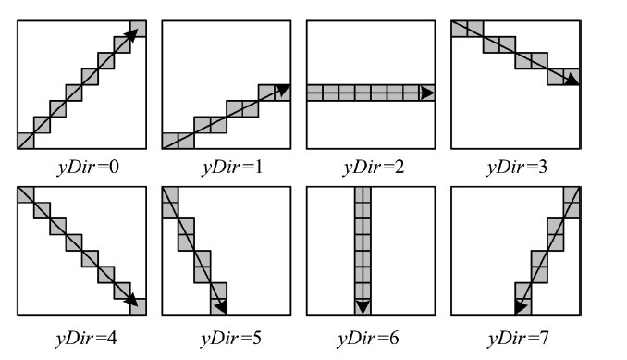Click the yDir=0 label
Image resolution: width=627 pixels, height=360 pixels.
pos(80,169)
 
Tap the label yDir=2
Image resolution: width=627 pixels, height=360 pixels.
pos(370,169)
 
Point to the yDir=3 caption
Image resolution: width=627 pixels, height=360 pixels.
pos(515,169)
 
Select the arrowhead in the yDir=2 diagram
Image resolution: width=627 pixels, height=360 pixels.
pos(425,93)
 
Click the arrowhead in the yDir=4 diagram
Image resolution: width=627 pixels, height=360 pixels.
pos(135,299)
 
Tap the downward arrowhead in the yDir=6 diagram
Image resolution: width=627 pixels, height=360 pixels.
pos(363,306)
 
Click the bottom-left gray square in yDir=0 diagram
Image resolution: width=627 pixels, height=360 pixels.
pos(25,141)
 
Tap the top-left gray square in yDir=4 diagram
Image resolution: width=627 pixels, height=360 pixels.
pos(25,195)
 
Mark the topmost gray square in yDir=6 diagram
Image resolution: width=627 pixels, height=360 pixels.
pos(363,194)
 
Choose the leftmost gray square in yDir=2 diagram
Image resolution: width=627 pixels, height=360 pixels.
pos(313,93)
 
